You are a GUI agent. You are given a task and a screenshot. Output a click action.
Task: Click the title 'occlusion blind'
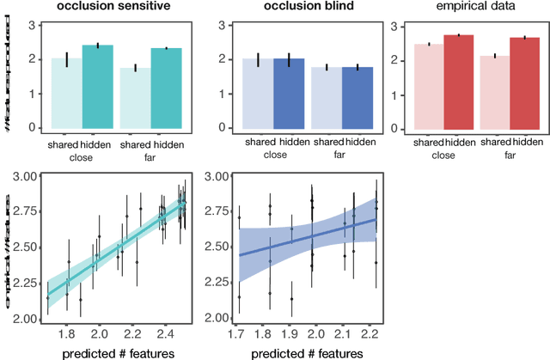[x=309, y=7]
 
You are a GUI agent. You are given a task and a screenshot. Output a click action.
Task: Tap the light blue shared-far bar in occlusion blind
[x=327, y=98]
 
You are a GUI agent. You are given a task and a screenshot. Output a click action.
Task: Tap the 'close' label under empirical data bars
[x=442, y=156]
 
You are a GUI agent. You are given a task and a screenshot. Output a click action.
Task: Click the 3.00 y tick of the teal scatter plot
[x=22, y=176]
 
